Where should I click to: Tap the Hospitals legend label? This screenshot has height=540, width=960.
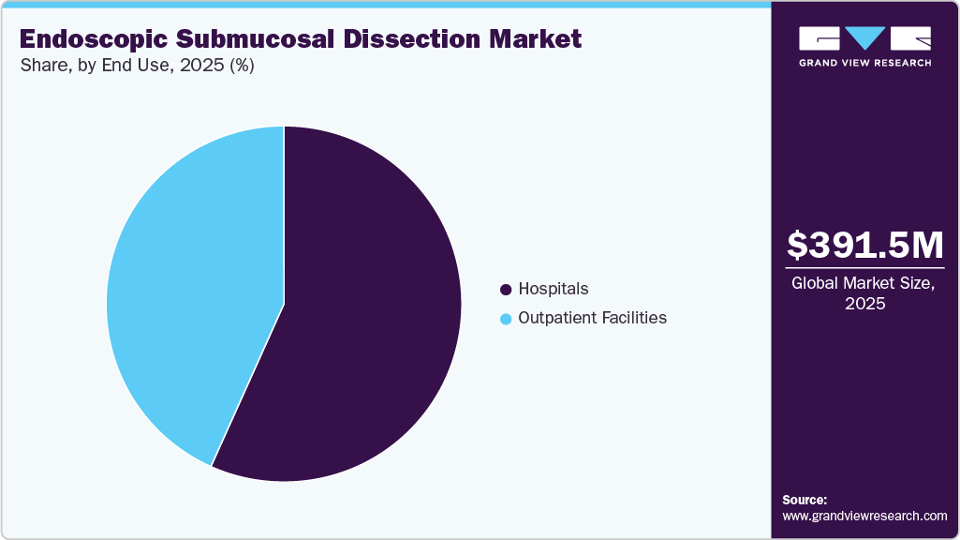[x=554, y=289]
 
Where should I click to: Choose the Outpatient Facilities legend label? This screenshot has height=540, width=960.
[x=593, y=318]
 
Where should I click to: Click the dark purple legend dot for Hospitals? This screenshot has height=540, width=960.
[x=507, y=290]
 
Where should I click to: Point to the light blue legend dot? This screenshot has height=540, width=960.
[x=507, y=319]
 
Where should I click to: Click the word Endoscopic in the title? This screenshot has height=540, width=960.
[x=92, y=39]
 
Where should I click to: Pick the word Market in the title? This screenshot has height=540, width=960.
[x=538, y=39]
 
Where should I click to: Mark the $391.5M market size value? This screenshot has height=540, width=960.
[x=864, y=246]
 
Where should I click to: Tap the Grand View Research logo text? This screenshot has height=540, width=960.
[x=864, y=63]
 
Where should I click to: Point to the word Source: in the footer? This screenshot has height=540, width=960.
[x=805, y=500]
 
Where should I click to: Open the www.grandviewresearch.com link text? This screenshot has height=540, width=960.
[x=864, y=516]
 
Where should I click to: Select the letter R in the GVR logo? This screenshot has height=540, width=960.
[x=910, y=38]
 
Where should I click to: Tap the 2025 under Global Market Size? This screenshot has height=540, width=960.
[x=864, y=304]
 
